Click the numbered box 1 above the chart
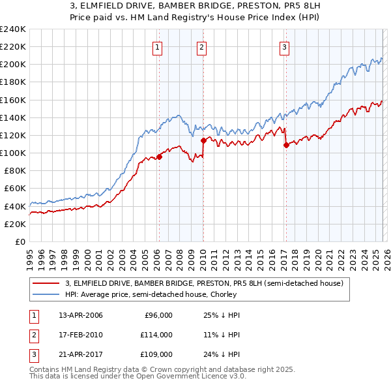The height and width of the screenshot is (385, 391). (158, 46)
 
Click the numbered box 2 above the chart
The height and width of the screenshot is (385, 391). (202, 46)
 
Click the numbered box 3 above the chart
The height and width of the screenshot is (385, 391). (285, 46)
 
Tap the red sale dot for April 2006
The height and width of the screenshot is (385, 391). (159, 157)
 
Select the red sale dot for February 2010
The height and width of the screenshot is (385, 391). (203, 140)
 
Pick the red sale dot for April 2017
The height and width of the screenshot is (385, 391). (286, 145)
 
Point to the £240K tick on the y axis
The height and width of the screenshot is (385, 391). (13, 29)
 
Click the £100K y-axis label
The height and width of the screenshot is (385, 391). (13, 153)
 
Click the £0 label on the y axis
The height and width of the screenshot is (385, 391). (20, 241)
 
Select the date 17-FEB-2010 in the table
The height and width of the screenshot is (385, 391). (80, 335)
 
